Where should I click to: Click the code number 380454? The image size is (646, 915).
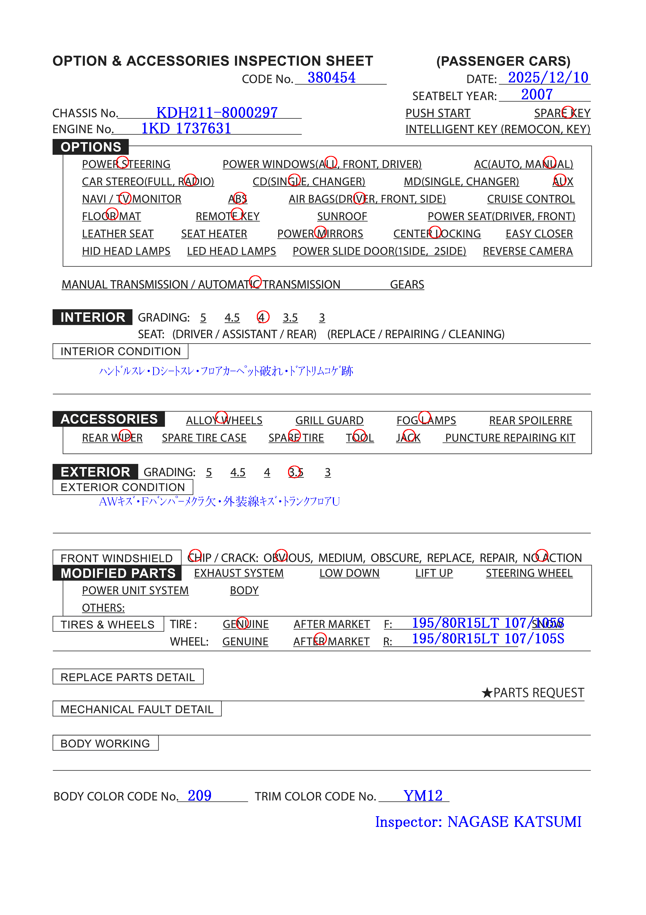pos(331,78)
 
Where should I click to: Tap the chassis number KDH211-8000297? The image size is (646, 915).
pos(217,113)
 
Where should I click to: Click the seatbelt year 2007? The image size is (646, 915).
pos(537,94)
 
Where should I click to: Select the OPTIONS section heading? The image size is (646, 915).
pos(91,147)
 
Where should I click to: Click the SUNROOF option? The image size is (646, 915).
pos(342,216)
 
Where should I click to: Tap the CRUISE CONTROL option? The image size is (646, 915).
pos(531,199)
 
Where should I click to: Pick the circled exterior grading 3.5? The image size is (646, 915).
pos(295,472)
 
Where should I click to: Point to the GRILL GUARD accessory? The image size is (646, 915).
pos(329,420)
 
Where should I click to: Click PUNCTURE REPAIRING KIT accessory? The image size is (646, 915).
pos(510,438)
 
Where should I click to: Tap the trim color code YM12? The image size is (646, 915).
pos(423,796)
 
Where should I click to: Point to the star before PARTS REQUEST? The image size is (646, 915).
pos(487,693)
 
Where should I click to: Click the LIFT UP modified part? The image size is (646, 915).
pos(434,573)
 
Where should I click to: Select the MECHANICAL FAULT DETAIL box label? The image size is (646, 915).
pos(136,709)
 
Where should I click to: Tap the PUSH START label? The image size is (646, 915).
pos(438,113)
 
